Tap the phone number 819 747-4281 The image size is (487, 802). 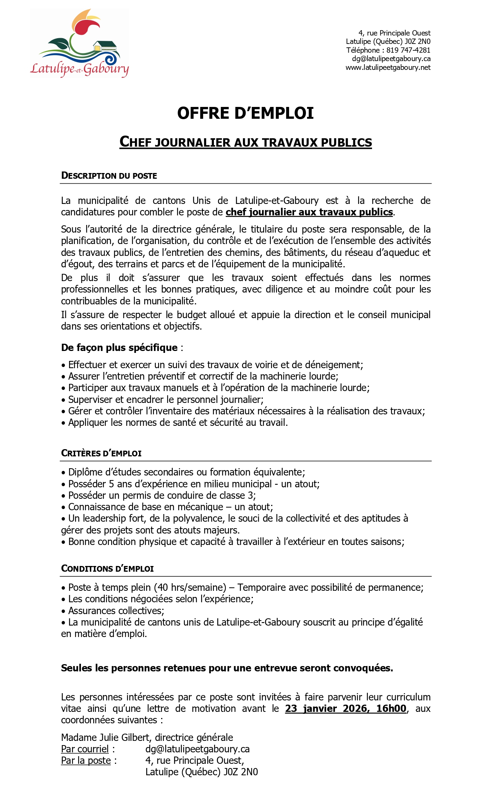coord(408,50)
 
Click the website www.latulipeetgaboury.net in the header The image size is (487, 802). coord(388,68)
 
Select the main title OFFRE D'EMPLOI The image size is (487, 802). coord(245,113)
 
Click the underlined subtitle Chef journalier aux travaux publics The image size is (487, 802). coord(245,142)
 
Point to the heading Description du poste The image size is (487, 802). coord(109,176)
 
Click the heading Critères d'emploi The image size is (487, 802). coord(101,453)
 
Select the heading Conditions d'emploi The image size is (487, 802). coord(107,569)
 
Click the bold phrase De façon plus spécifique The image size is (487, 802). coord(119,348)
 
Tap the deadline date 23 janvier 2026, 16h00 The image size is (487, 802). coord(345,708)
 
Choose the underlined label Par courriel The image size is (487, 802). coord(85,749)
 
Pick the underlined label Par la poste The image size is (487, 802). coord(86,760)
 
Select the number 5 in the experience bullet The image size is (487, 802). coord(112,484)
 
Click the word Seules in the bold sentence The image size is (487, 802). coord(77,668)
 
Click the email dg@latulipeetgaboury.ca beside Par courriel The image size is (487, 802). coord(197,749)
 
